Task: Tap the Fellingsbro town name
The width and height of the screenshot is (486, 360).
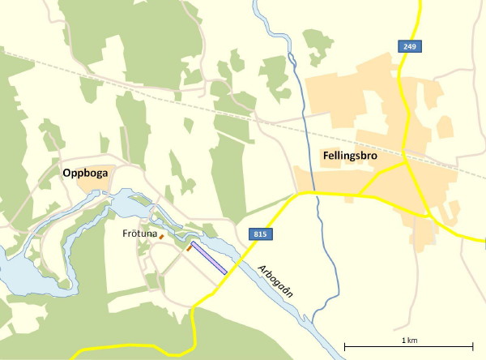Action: click(x=346, y=159)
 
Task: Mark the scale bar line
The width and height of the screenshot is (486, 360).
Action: click(x=408, y=347)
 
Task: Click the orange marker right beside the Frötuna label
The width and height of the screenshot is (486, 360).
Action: click(x=161, y=237)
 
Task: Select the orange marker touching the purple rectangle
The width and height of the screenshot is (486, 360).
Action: click(x=189, y=249)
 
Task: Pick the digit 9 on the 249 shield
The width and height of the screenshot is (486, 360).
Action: click(x=416, y=47)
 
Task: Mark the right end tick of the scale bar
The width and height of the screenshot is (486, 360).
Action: click(x=472, y=347)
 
